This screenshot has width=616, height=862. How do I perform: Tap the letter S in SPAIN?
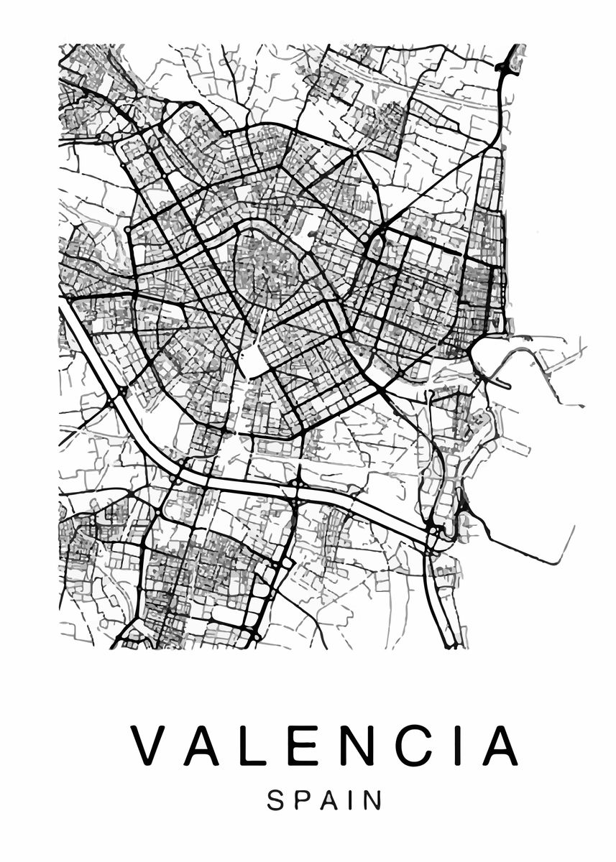coord(276,800)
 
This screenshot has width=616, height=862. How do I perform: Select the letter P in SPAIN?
coord(302,800)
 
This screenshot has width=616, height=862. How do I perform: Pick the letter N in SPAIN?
coord(371,800)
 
